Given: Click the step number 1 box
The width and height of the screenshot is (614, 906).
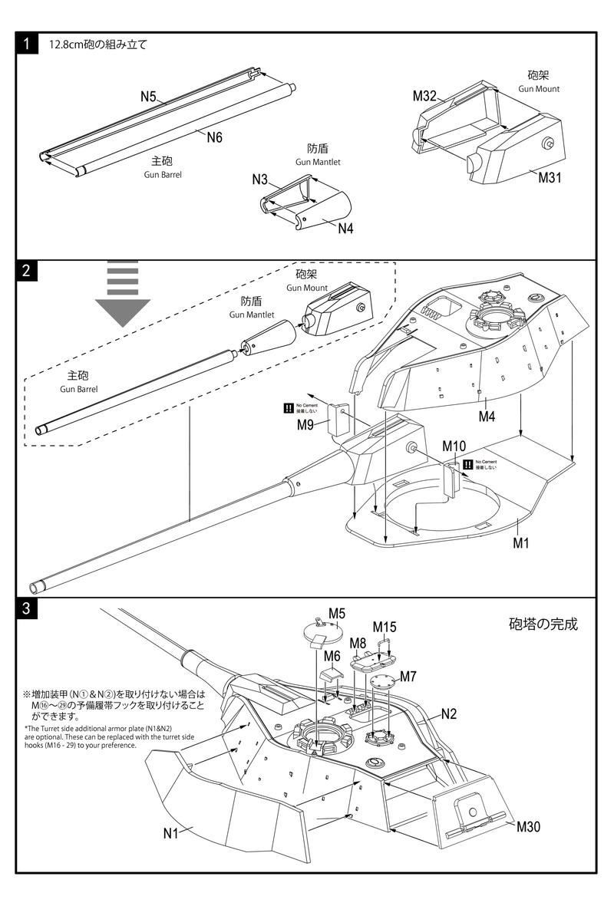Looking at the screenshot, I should (x=26, y=44).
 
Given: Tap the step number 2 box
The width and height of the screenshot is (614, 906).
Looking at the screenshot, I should (x=26, y=271).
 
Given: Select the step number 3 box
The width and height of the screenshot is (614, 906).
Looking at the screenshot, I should (x=26, y=609).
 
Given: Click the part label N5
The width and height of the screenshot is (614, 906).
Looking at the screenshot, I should (x=148, y=97).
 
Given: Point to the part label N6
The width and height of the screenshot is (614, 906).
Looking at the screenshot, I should (x=214, y=137).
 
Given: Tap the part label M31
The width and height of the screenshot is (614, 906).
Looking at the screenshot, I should (x=550, y=178).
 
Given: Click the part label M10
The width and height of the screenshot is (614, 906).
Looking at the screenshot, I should (x=454, y=446).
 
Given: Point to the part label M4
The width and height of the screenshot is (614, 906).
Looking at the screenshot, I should (x=487, y=417).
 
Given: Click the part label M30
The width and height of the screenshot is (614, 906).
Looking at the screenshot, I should (x=529, y=826).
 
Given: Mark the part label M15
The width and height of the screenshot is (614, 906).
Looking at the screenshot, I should (x=385, y=627).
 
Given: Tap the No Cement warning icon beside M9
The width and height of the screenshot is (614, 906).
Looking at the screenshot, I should (x=289, y=408).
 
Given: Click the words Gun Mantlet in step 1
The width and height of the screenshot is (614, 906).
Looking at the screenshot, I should (x=318, y=163).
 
